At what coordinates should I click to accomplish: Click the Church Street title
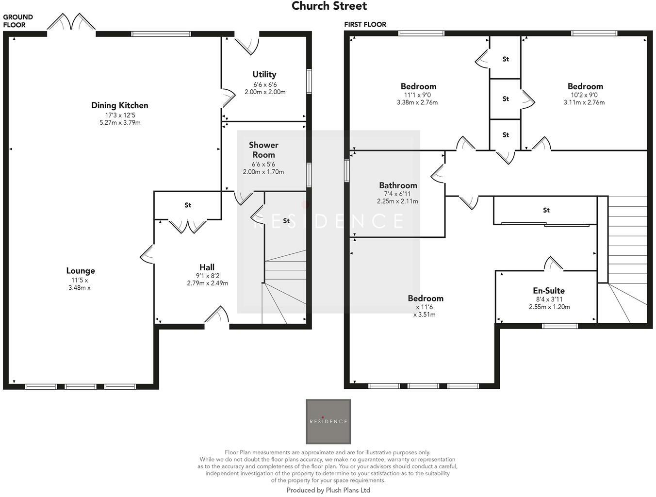(x=329, y=6)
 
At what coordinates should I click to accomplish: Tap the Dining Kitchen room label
(x=119, y=105)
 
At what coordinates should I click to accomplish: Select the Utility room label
(x=264, y=74)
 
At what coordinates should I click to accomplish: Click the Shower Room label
(x=263, y=149)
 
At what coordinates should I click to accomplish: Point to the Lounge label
(x=81, y=271)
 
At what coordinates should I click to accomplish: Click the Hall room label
(x=207, y=267)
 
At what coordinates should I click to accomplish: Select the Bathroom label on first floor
(x=398, y=185)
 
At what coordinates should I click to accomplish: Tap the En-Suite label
(x=549, y=291)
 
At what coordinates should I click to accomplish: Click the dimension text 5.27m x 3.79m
(x=119, y=123)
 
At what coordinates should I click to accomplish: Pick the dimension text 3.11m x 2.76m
(x=584, y=102)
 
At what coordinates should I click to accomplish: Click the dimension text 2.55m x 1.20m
(x=549, y=307)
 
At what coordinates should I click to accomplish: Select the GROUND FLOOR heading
(x=18, y=21)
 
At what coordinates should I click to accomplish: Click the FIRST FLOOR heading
(x=365, y=24)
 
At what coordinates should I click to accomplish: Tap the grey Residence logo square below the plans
(x=328, y=421)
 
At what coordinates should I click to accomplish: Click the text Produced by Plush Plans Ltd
(x=328, y=490)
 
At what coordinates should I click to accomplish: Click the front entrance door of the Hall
(x=217, y=318)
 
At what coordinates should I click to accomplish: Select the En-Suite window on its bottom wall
(x=559, y=326)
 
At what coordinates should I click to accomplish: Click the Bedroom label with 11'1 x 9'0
(x=418, y=86)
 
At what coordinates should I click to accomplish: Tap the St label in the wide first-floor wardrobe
(x=546, y=210)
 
